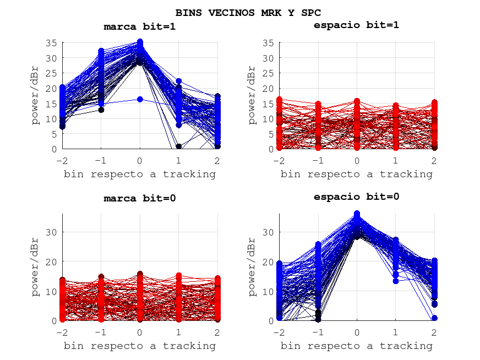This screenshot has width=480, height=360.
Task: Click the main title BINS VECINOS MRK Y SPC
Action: (x=248, y=12)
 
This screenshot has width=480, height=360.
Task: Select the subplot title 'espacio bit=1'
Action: (x=356, y=25)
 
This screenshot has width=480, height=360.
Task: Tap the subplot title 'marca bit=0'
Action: (x=140, y=198)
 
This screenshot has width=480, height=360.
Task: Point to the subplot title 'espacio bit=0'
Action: (x=356, y=197)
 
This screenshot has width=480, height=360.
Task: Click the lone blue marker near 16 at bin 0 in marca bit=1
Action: (x=140, y=100)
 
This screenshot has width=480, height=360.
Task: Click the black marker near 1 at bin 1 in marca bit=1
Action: (x=179, y=146)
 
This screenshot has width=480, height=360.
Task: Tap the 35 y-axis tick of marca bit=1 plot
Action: (x=52, y=43)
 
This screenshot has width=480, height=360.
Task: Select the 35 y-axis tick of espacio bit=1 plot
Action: (x=268, y=43)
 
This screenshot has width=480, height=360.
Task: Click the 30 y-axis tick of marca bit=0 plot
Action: (x=52, y=232)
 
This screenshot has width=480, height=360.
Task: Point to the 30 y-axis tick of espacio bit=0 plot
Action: (x=268, y=232)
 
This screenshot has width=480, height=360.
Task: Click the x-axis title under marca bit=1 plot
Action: (x=140, y=174)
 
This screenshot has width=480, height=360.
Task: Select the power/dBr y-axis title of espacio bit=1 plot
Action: (x=252, y=95)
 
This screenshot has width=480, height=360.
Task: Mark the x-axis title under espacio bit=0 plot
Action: (x=356, y=346)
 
